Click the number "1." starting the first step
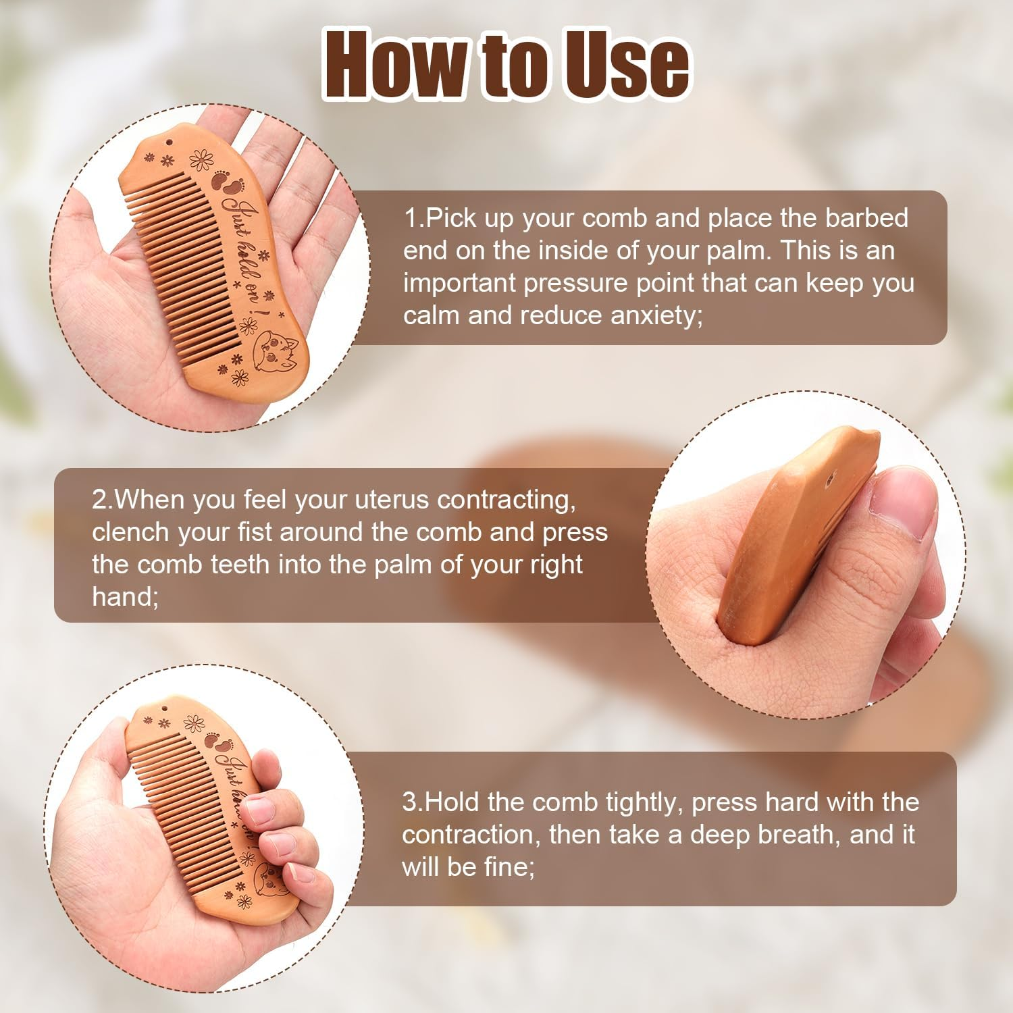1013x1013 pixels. click(x=414, y=218)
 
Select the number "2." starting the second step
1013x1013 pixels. click(x=103, y=500)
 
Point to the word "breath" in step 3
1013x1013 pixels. click(x=800, y=834)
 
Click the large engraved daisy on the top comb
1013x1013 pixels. click(x=201, y=161)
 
